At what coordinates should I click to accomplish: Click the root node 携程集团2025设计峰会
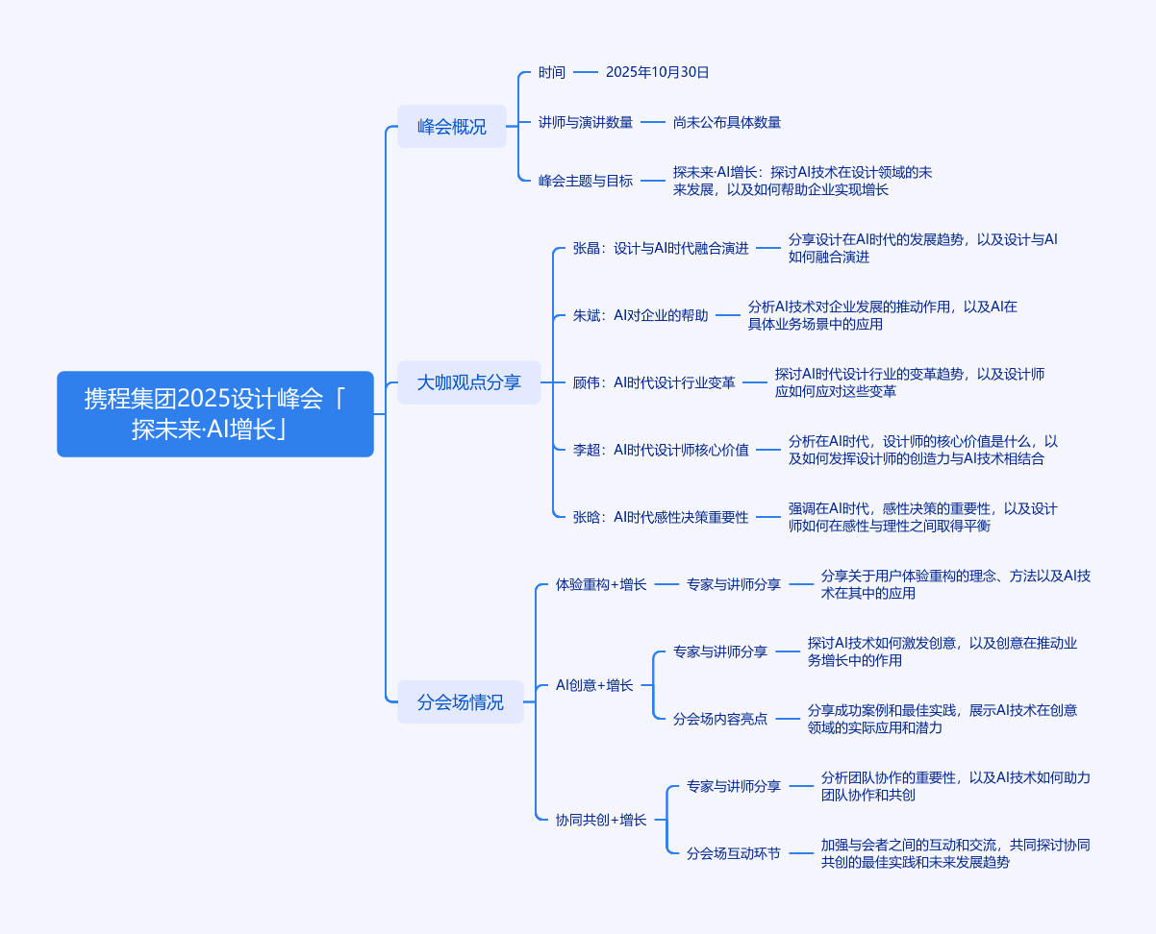click(214, 413)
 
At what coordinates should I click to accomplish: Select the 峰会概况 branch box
click(451, 126)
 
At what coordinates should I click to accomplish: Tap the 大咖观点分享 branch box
click(468, 382)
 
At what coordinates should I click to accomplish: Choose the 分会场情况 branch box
click(460, 701)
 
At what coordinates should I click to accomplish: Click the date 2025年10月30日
click(657, 72)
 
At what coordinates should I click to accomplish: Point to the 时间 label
click(552, 72)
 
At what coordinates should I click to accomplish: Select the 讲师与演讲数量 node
click(586, 122)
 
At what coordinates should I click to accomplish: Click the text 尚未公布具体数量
click(726, 122)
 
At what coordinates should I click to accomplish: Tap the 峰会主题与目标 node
click(586, 180)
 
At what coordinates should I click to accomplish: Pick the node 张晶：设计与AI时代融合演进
click(661, 248)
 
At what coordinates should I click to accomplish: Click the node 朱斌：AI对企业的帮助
click(641, 315)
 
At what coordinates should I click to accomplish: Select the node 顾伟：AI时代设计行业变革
click(654, 382)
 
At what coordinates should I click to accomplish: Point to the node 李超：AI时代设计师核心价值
click(661, 450)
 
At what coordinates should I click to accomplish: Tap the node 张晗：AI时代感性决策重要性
click(661, 517)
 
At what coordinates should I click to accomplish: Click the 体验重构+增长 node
click(601, 584)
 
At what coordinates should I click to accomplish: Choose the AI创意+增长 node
click(594, 685)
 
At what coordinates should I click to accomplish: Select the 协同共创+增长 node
click(601, 820)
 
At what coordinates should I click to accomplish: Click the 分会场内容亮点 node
click(720, 718)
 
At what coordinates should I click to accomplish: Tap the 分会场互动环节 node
click(734, 852)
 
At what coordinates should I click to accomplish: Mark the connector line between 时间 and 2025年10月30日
click(585, 72)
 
